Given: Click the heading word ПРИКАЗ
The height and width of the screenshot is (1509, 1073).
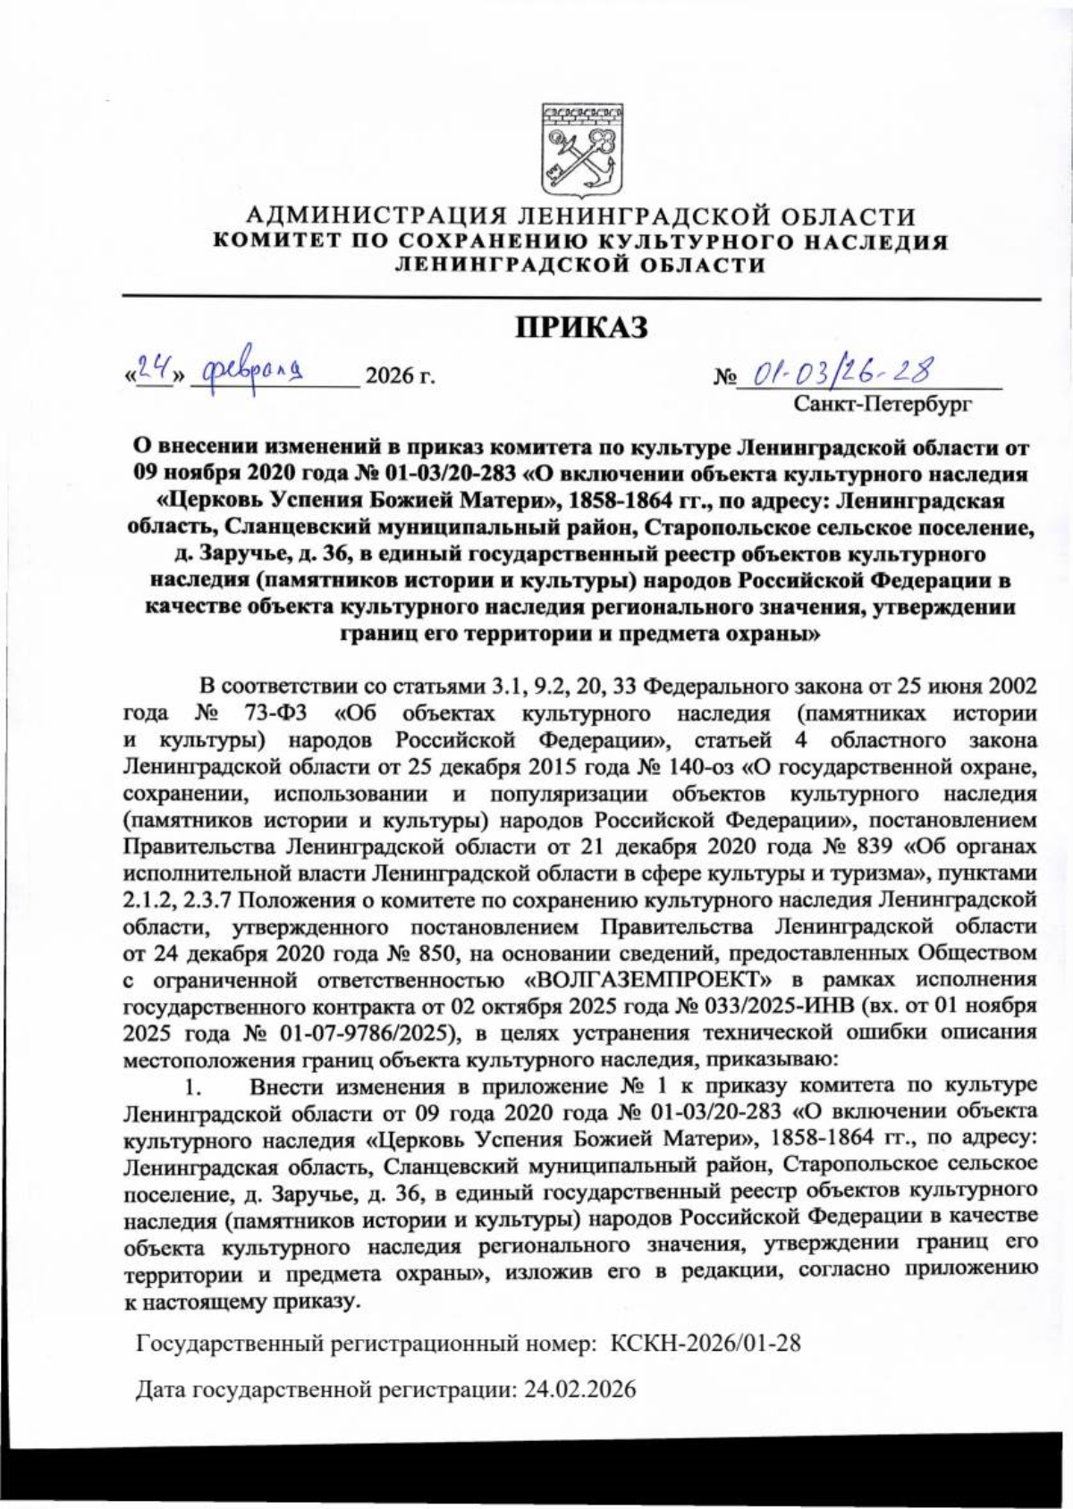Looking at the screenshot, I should pyautogui.click(x=581, y=327).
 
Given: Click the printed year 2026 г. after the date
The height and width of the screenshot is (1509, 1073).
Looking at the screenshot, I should pyautogui.click(x=401, y=376).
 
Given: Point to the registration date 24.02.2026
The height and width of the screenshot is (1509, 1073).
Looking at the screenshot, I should pyautogui.click(x=579, y=1390).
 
